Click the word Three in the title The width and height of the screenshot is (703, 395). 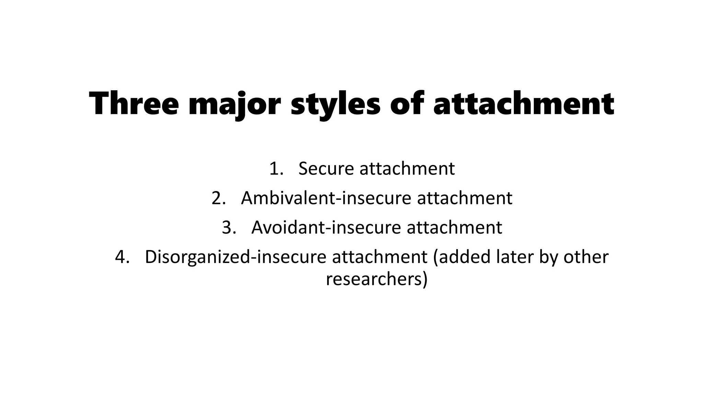(134, 103)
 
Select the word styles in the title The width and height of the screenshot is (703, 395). (335, 103)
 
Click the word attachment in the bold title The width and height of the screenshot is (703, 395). (523, 103)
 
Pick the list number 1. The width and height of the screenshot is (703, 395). (276, 169)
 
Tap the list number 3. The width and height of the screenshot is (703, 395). (229, 227)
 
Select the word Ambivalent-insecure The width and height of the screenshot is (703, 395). (326, 198)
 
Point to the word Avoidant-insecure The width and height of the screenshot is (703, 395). (326, 227)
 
